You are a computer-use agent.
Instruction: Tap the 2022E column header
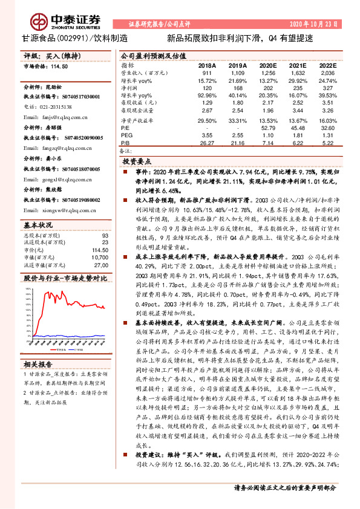327,65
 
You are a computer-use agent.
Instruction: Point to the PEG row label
126,135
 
